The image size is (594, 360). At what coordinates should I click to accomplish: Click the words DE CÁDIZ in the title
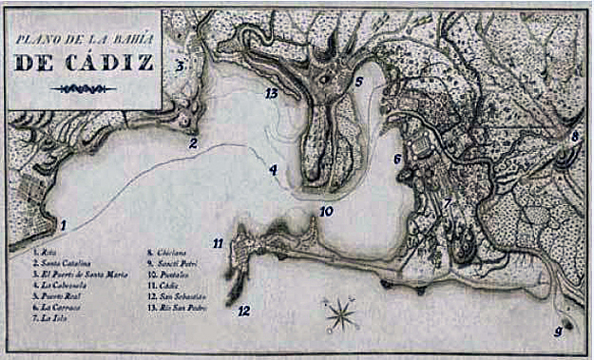click(84, 62)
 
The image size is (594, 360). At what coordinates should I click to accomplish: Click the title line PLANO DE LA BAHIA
click(84, 39)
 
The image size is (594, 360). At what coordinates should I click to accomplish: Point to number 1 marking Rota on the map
click(64, 226)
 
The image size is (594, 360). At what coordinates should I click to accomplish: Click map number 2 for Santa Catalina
click(193, 144)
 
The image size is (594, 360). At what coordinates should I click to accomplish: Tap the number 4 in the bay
click(273, 171)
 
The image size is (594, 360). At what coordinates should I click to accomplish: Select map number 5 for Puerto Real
click(359, 82)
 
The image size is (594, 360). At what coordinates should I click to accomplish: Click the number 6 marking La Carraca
click(398, 160)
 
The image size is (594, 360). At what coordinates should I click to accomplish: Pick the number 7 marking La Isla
click(446, 203)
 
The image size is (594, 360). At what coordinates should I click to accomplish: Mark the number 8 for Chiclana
click(574, 137)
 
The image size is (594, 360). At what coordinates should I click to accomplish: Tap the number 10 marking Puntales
click(326, 211)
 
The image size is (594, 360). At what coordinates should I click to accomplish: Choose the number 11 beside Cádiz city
click(218, 244)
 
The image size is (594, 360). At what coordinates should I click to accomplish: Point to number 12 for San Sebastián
click(244, 310)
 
